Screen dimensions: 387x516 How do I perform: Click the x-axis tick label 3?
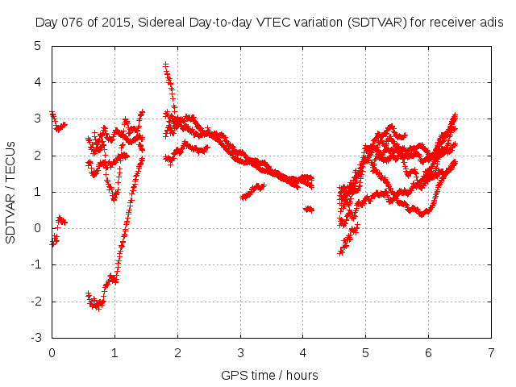click(x=240, y=352)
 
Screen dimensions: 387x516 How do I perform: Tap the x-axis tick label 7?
click(x=491, y=352)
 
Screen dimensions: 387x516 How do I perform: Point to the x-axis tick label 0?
click(x=52, y=352)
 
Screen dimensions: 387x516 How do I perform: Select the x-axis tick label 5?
click(x=366, y=352)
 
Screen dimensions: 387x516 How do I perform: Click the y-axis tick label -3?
click(x=37, y=338)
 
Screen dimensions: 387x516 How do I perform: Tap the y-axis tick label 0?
click(x=40, y=228)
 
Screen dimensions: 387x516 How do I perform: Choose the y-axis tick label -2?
click(x=37, y=302)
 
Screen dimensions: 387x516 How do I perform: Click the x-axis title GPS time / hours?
click(x=270, y=375)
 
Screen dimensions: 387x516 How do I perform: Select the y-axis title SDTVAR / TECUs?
click(x=11, y=192)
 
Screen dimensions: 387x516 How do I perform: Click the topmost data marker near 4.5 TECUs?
click(x=165, y=64)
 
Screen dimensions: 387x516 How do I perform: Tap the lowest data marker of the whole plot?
click(x=98, y=308)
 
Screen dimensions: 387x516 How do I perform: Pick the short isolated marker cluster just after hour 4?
click(x=308, y=209)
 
